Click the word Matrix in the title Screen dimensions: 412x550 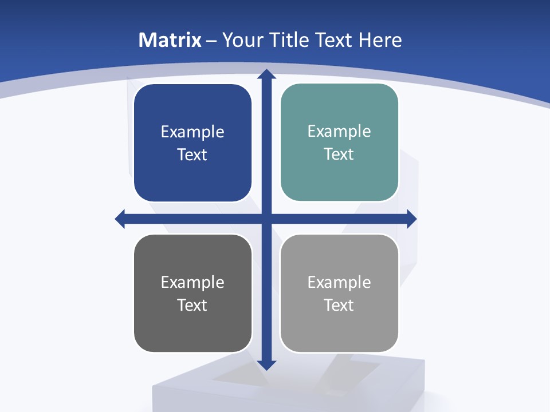[170, 40]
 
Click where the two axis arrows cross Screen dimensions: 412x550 [266, 219]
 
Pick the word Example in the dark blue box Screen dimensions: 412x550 [192, 132]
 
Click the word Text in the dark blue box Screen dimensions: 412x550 [192, 155]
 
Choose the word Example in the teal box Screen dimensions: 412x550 [339, 132]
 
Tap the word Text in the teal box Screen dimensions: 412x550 [339, 154]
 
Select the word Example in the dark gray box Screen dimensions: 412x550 [192, 283]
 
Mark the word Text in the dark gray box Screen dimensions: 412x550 [192, 306]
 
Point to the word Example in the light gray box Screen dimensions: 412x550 [339, 283]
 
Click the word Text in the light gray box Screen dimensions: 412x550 [339, 306]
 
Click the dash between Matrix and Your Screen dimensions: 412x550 [211, 41]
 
